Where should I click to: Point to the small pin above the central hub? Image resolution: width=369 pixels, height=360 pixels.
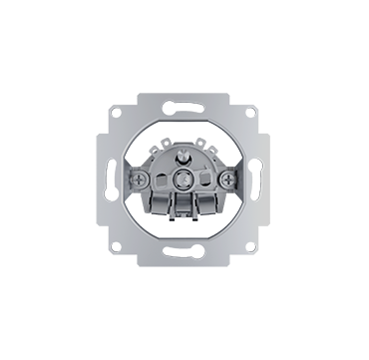[x=184, y=158]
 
